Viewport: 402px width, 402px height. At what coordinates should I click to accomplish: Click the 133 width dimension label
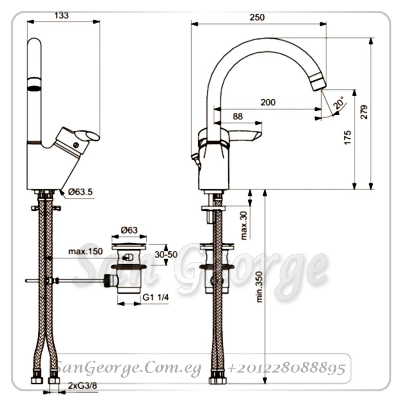[x=62, y=15]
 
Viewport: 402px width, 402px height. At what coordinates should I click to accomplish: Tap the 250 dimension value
[x=257, y=17]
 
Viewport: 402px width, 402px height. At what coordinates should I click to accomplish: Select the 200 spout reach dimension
[x=268, y=102]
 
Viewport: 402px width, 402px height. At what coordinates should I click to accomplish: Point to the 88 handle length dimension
[x=238, y=117]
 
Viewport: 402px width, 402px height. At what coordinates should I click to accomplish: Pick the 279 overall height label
[x=364, y=112]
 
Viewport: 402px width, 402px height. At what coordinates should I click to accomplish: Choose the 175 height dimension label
[x=348, y=137]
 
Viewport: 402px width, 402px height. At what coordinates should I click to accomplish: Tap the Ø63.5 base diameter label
[x=80, y=191]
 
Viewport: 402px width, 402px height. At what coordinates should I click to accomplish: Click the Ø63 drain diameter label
[x=129, y=230]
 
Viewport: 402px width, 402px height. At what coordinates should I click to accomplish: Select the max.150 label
[x=86, y=251]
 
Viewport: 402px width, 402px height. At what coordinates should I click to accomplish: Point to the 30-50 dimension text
[x=166, y=254]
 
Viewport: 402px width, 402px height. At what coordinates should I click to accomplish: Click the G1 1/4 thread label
[x=156, y=297]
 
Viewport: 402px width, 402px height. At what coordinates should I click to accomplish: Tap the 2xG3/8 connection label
[x=82, y=386]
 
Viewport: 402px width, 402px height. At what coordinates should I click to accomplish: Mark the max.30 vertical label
[x=244, y=226]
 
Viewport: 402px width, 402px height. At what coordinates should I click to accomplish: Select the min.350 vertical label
[x=259, y=287]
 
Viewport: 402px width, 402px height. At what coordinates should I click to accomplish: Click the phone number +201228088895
[x=286, y=368]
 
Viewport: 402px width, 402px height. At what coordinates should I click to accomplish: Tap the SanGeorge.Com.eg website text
[x=128, y=368]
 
